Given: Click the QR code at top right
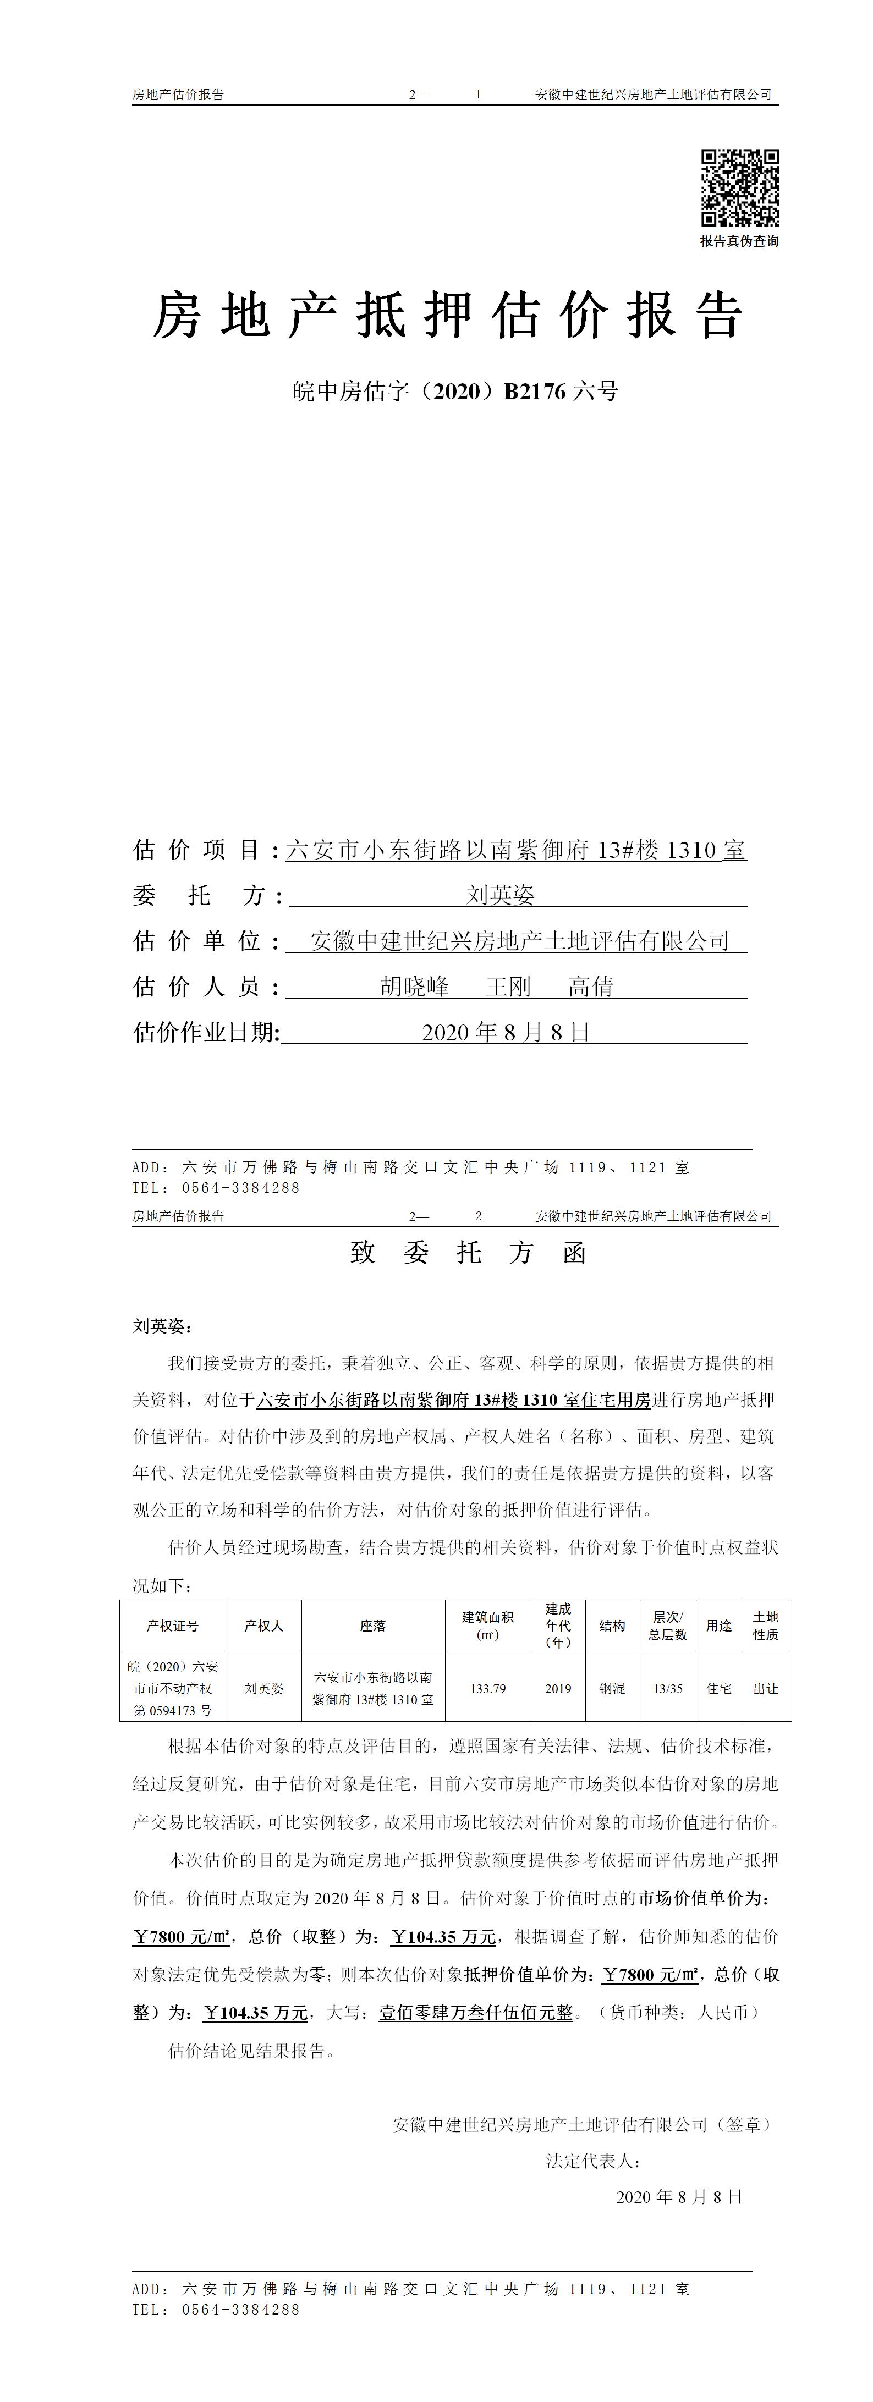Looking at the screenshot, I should pos(740,188).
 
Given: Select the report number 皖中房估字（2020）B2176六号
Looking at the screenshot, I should pos(455,392).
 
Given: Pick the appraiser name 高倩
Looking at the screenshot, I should pos(591,987).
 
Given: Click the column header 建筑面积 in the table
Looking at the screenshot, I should pos(488,1626).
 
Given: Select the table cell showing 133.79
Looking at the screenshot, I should pos(488,1689).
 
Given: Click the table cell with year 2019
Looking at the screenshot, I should pos(558,1689).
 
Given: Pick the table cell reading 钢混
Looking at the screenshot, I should pos(612,1689).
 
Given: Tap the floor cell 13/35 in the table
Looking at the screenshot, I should pos(668,1689).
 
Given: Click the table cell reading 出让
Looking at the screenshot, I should pos(766,1689).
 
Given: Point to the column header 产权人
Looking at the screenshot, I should pos(264,1626).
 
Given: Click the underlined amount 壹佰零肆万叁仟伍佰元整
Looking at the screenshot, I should pos(476,2013).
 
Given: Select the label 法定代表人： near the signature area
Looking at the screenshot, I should pos(593,2161).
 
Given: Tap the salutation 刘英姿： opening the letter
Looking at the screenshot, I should pos(162,1326).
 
